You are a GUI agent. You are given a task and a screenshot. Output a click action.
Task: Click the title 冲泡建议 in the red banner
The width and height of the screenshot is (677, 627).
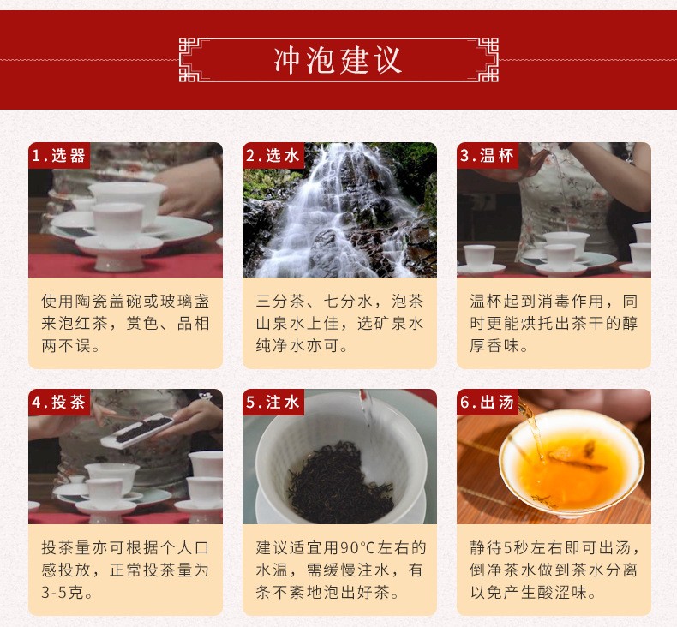tap(338, 60)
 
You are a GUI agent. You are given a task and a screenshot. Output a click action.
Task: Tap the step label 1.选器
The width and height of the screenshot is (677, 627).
tap(59, 155)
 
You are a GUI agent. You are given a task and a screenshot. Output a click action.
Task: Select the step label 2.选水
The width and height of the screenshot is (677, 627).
tap(273, 155)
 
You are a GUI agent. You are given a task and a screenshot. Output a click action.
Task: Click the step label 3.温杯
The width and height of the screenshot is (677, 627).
tap(487, 155)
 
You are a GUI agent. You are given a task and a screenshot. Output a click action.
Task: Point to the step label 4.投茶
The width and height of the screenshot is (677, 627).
tap(59, 403)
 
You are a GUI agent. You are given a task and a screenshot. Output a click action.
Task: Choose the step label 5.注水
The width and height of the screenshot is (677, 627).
tap(273, 403)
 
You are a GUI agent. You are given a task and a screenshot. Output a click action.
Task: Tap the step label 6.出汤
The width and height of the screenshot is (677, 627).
tap(487, 403)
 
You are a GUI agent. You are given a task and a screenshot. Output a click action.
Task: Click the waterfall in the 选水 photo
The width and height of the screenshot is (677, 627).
tap(341, 212)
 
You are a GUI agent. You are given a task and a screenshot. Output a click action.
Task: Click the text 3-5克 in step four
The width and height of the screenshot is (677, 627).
tap(62, 593)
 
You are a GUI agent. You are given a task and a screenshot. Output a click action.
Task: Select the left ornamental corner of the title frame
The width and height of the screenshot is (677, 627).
tap(190, 60)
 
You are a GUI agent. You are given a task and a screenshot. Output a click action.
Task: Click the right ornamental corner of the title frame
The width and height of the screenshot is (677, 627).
tap(487, 60)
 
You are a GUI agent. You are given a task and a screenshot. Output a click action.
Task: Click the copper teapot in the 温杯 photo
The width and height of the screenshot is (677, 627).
tap(535, 160)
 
